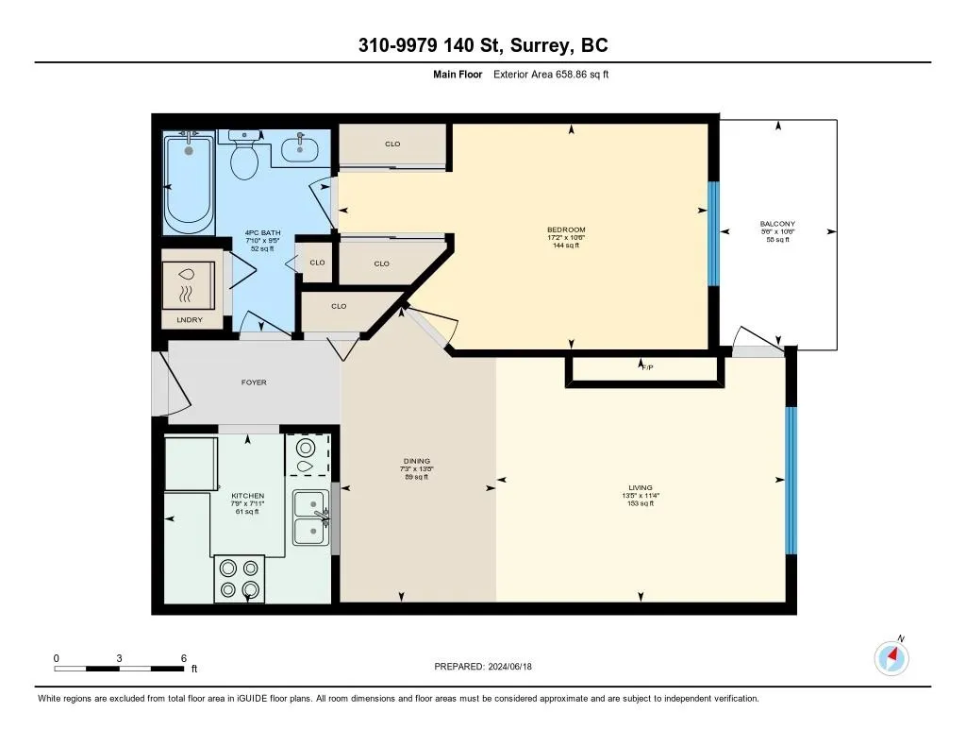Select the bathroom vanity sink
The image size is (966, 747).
(300, 148)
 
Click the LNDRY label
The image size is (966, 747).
(189, 319)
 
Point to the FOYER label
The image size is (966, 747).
(254, 382)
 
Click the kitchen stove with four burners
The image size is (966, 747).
(240, 579)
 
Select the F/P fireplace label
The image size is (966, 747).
(647, 367)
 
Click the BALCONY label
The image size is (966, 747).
(777, 224)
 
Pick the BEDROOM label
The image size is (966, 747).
(566, 229)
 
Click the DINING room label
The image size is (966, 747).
(417, 461)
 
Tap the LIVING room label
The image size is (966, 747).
(641, 487)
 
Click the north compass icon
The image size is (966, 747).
(891, 658)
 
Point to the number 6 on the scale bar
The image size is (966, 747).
(184, 658)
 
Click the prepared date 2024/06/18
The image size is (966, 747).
(510, 666)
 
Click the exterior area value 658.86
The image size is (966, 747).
(574, 74)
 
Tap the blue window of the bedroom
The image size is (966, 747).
(713, 234)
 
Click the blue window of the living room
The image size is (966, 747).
(791, 481)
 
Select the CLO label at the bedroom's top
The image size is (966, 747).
(392, 144)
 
